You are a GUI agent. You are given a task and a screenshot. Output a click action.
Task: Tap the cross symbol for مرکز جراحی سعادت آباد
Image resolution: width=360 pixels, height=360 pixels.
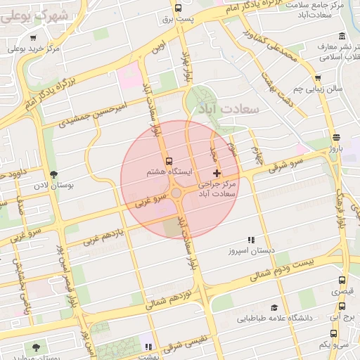pos(216,172)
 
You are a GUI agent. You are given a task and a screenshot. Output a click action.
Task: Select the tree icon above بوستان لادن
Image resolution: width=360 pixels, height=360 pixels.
pos(53,174)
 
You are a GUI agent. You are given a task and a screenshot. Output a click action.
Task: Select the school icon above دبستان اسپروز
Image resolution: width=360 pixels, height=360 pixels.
pos(251,240)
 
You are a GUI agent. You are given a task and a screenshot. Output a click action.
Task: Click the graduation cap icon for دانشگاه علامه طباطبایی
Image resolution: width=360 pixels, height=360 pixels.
pos(274,307)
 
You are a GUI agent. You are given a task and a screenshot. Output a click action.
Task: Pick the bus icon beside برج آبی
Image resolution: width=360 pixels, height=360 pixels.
pos(342,307)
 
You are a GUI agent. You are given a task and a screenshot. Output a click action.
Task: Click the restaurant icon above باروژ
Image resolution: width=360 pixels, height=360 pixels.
pos(336,137)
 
